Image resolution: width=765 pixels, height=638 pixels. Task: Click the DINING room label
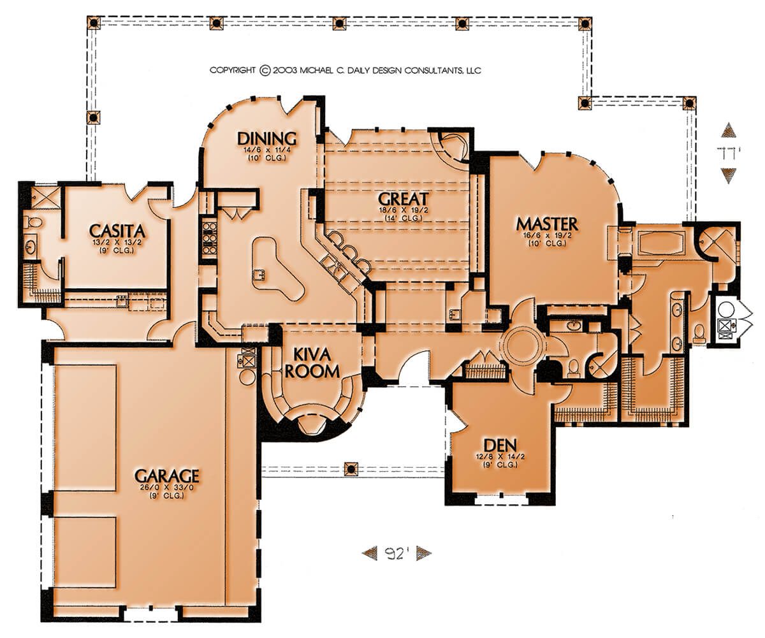[266, 139]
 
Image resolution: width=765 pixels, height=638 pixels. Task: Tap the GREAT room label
[403, 199]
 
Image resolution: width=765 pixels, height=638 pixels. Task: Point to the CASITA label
[117, 231]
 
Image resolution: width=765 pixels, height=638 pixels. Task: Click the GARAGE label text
[166, 475]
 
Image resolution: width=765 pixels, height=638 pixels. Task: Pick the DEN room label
[500, 446]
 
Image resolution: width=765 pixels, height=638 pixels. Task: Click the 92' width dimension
[397, 553]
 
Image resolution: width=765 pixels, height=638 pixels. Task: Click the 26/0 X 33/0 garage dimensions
[166, 488]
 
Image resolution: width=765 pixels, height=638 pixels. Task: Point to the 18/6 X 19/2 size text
[403, 210]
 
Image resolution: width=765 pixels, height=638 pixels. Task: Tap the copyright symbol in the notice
[265, 70]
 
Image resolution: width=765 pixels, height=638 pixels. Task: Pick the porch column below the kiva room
[351, 468]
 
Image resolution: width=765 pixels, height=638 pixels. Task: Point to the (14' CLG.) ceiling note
[403, 218]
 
